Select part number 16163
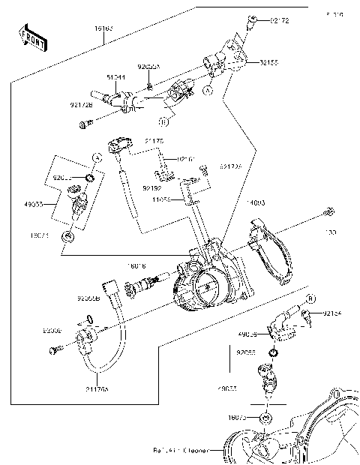tap(103, 28)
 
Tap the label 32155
tap(269, 62)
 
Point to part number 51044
tap(115, 76)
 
